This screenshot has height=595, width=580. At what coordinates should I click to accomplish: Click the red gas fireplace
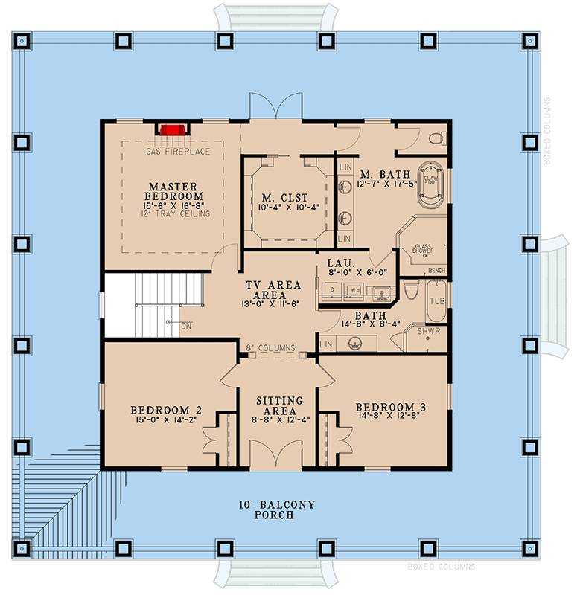[172, 130]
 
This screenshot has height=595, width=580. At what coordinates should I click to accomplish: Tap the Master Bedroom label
[172, 191]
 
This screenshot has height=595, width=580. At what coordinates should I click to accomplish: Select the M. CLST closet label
[284, 198]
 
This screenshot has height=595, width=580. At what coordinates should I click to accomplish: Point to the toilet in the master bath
[439, 138]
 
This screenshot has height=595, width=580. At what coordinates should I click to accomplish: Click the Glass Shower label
[424, 248]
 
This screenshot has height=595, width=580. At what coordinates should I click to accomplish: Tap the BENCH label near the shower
[437, 270]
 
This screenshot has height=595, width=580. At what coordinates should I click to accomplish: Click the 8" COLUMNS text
[271, 347]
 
